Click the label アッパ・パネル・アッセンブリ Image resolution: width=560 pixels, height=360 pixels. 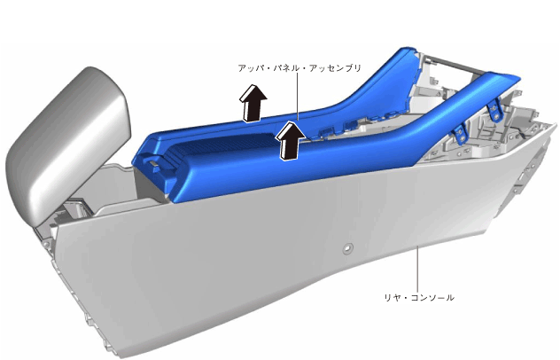[299, 68]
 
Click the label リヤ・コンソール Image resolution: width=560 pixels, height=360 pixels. [419, 297]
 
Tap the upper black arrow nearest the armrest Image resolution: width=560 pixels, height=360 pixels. [253, 104]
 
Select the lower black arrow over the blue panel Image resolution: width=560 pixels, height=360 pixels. [291, 140]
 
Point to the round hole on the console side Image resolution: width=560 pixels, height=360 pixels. [347, 248]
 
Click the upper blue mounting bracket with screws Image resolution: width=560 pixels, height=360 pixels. [495, 110]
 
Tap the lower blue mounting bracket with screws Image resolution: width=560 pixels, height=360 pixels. [459, 134]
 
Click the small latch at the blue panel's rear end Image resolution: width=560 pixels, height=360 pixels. [153, 164]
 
